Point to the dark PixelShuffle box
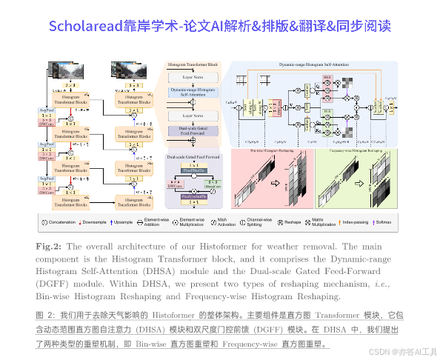(x=194, y=169)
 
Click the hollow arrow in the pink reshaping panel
(x=273, y=180)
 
